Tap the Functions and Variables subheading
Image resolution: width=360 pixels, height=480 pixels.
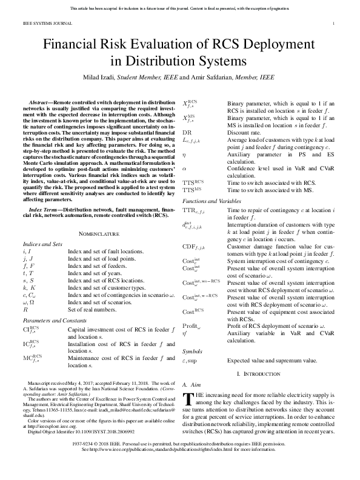click(x=208, y=200)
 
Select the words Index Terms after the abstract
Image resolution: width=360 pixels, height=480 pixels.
click(x=45, y=210)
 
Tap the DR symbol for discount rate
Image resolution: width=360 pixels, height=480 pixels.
click(x=187, y=132)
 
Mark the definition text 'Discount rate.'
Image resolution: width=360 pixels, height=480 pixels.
click(x=244, y=132)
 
